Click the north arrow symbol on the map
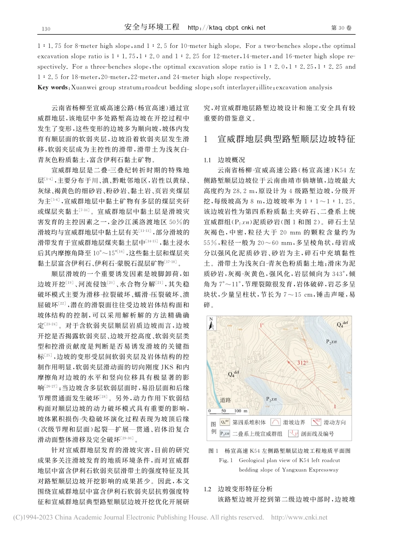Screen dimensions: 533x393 211,324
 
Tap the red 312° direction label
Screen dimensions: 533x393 303,362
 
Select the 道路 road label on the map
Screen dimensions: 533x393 225,400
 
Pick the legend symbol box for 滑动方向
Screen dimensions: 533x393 316,422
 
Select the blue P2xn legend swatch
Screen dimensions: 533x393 225,433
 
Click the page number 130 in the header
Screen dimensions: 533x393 46,29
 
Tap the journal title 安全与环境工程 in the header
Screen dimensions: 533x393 152,28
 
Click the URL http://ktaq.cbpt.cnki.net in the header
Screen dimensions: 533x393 226,28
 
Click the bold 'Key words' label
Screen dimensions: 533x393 53,88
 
